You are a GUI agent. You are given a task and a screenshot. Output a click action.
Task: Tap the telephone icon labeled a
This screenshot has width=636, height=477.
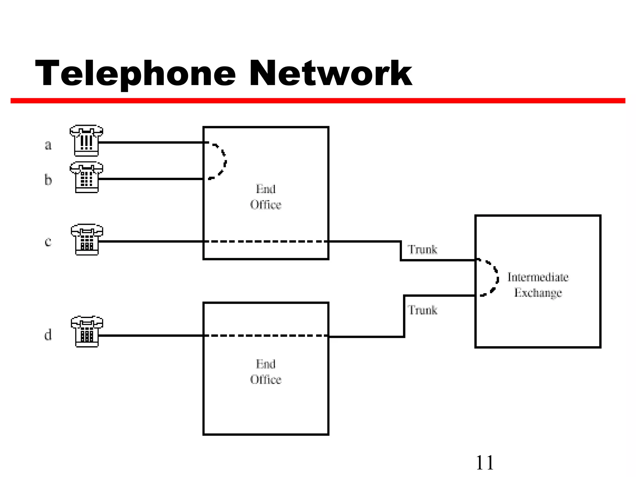(86, 141)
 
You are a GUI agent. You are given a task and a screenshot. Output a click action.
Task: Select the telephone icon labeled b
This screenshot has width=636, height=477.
(86, 177)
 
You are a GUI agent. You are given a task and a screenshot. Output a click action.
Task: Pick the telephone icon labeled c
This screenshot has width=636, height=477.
(87, 239)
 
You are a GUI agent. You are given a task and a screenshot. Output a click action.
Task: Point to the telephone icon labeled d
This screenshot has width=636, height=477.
(87, 332)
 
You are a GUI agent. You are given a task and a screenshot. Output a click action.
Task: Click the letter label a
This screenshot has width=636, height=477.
(48, 145)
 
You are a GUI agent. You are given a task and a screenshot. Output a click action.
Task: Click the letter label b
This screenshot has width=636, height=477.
(48, 180)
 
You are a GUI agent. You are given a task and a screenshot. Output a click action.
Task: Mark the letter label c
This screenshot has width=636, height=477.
(48, 242)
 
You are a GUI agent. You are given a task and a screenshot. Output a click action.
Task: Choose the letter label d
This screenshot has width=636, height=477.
(48, 335)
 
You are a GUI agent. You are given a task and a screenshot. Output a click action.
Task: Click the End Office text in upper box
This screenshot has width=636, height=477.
(266, 197)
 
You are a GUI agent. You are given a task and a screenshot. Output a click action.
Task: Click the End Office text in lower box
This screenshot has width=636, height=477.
(266, 372)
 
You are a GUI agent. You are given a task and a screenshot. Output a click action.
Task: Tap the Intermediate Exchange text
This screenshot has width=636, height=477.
(538, 285)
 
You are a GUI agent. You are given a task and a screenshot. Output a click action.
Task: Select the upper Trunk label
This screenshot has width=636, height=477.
(422, 249)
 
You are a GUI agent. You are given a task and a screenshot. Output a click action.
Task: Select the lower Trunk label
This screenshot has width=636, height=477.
(422, 310)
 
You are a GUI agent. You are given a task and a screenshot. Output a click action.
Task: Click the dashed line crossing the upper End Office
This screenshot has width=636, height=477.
(266, 241)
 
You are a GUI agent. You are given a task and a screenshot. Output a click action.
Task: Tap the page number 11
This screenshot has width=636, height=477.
(484, 463)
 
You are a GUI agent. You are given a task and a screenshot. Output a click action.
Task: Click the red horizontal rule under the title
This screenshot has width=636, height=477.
(318, 101)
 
